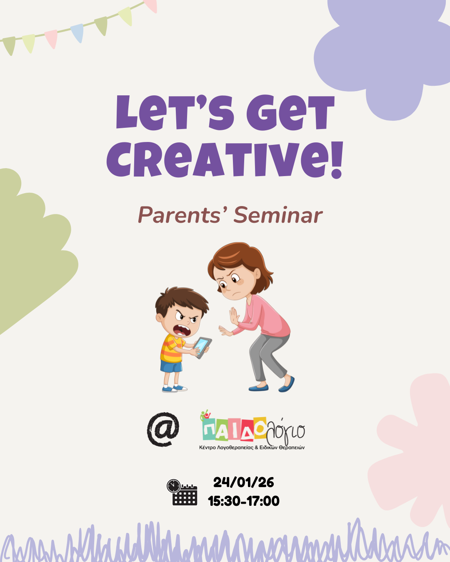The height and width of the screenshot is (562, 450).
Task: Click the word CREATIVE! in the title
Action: pos(225,160)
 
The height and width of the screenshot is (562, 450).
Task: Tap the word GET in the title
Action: pos(290,113)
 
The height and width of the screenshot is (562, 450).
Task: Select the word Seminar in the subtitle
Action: pos(278,215)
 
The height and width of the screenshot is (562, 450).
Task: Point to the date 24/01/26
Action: pos(244,482)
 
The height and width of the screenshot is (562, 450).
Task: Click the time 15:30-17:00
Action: pos(244,501)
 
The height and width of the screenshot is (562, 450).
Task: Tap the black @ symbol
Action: pos(163,429)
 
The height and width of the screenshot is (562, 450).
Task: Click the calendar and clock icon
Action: pos(182,492)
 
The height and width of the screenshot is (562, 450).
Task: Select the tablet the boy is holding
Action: pos(202,347)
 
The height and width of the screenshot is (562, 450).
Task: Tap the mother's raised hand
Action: pos(234,316)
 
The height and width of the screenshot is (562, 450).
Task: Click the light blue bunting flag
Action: pos(77,32)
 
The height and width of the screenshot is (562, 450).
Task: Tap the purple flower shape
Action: pos(383,54)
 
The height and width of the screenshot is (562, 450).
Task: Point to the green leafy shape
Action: pos(29,250)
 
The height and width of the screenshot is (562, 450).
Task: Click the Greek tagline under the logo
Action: pos(252,448)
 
